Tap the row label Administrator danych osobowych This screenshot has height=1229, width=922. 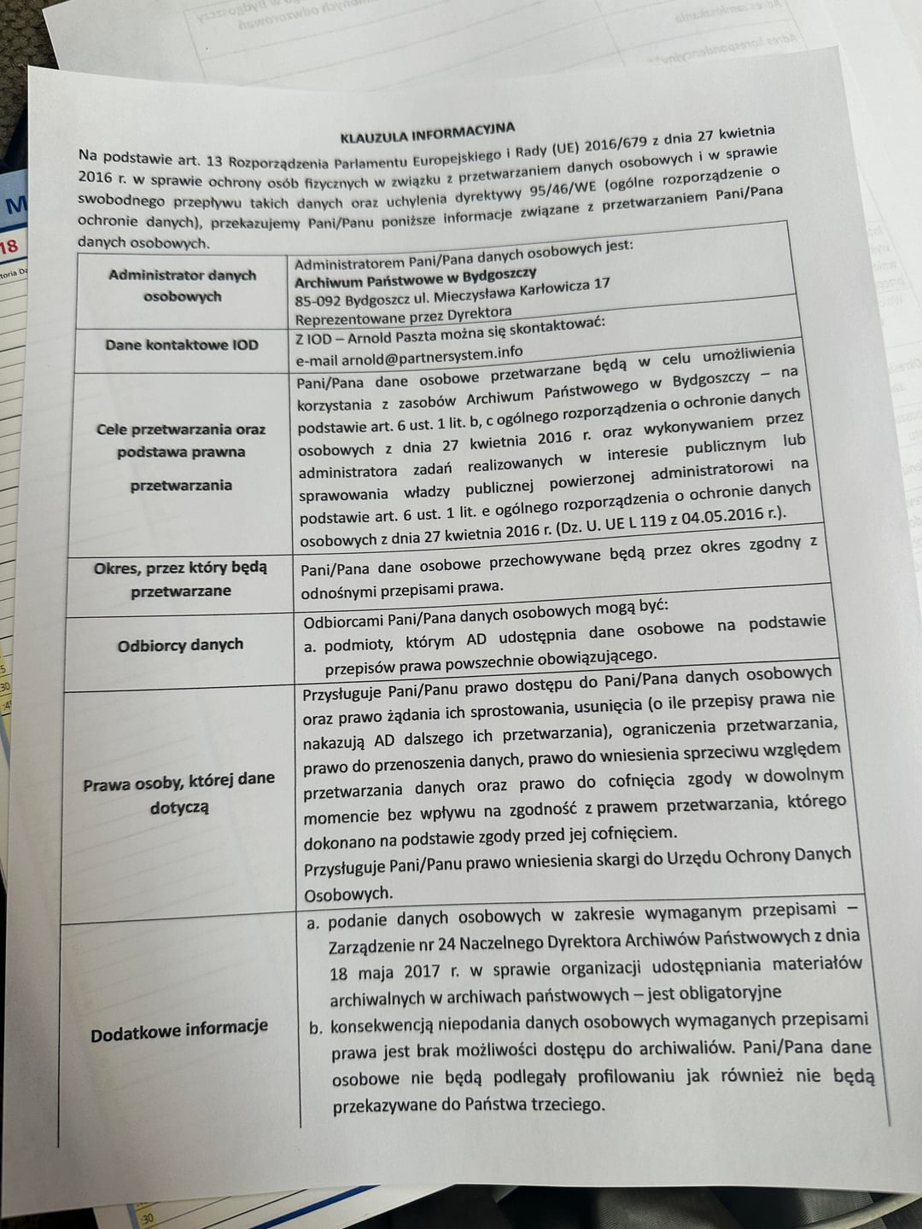point(182,285)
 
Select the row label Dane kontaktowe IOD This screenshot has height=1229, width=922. point(182,345)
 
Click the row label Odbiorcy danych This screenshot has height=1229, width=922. point(180,644)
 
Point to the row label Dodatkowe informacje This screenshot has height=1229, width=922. point(179,1030)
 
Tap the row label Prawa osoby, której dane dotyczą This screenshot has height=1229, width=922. point(178,793)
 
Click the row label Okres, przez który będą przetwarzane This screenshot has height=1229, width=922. point(180,579)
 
